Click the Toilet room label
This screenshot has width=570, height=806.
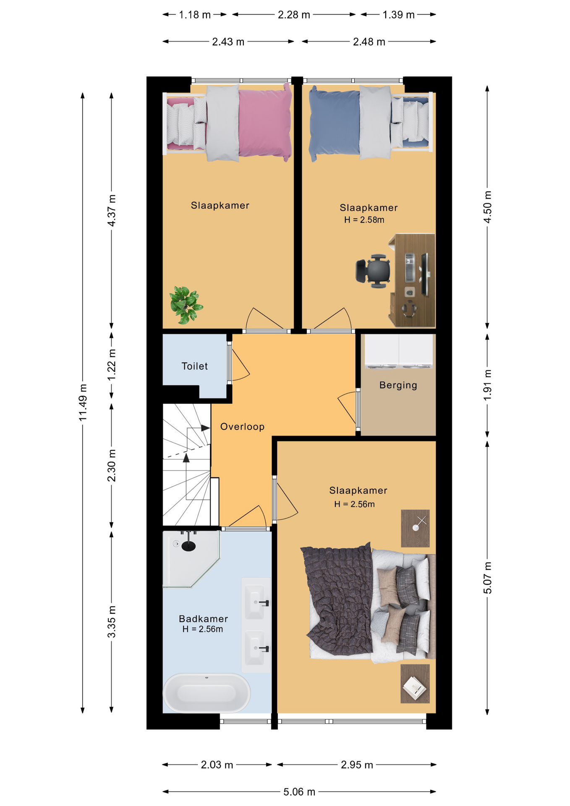(194, 366)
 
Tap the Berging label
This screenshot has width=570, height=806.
(398, 385)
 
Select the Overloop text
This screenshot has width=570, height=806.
(242, 427)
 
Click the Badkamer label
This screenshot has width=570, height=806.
(204, 618)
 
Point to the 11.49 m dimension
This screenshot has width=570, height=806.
(83, 402)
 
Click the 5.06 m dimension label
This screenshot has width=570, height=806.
(299, 792)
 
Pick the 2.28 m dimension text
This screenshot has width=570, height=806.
(294, 15)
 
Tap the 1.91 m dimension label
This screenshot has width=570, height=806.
(487, 385)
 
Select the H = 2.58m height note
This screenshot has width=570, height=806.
(364, 220)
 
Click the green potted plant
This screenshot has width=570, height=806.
(186, 305)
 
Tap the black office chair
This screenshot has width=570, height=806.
(373, 271)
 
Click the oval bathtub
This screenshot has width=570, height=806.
(207, 693)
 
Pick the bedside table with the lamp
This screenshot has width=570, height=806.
(415, 529)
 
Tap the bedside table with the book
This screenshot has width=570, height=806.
(415, 683)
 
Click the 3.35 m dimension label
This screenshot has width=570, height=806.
(111, 622)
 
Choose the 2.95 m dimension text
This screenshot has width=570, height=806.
(357, 765)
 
